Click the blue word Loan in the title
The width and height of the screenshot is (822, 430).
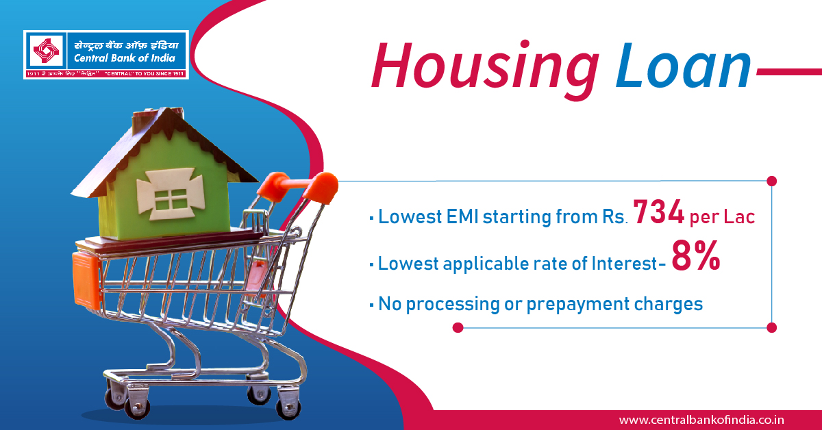pyautogui.click(x=684, y=66)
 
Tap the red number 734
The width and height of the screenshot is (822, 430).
pyautogui.click(x=658, y=212)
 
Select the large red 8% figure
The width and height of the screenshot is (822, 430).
pyautogui.click(x=696, y=256)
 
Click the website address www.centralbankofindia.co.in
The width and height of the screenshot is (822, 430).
pyautogui.click(x=701, y=420)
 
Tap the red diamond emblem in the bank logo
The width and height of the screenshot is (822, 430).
pyautogui.click(x=47, y=50)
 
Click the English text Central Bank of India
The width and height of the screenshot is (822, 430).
pyautogui.click(x=125, y=58)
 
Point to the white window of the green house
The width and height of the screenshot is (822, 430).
pyautogui.click(x=171, y=194)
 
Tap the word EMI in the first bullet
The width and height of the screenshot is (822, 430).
pyautogui.click(x=462, y=216)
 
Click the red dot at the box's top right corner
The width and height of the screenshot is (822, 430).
pyautogui.click(x=772, y=181)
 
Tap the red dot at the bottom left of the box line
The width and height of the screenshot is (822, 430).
pyautogui.click(x=458, y=328)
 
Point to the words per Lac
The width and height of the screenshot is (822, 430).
pyautogui.click(x=722, y=217)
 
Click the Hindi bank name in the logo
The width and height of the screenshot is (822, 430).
pyautogui.click(x=126, y=45)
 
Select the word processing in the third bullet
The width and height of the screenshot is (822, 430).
pyautogui.click(x=453, y=305)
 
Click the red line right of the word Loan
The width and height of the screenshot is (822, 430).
pyautogui.click(x=789, y=72)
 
